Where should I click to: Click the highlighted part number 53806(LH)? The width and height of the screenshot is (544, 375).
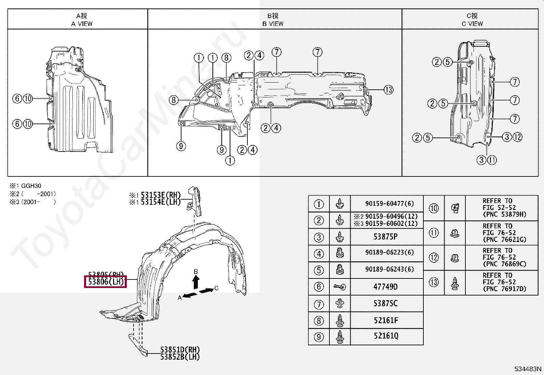106,282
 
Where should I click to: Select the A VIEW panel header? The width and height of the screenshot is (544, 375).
82,20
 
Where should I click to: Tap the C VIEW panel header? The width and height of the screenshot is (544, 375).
472,20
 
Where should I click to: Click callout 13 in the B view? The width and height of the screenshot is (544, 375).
389,90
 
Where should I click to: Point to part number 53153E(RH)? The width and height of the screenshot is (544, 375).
160,195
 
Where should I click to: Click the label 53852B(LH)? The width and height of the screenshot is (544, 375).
180,357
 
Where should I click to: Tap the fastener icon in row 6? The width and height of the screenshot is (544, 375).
340,287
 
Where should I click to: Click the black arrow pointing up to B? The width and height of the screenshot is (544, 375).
196,283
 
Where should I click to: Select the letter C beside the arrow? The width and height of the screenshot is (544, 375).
216,288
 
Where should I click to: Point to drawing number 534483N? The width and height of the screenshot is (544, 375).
528,369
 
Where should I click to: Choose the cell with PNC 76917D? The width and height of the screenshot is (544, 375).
501,282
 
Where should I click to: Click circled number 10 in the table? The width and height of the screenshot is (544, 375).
434,208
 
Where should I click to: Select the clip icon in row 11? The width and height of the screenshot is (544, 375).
455,233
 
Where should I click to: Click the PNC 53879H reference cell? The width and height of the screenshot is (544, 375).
501,208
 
